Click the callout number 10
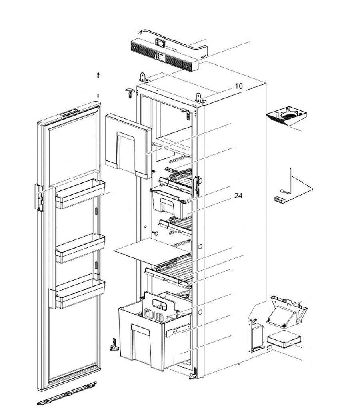[238, 86]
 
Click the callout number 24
[238, 196]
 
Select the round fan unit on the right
[287, 116]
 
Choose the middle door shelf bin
[80, 248]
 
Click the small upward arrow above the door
[98, 75]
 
